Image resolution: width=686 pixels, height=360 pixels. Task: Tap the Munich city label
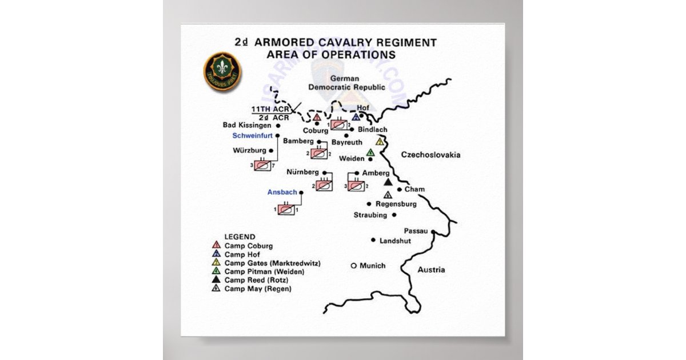click(373, 266)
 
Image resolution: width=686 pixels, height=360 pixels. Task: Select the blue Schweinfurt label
click(252, 135)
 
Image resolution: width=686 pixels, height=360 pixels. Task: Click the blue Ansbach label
click(282, 192)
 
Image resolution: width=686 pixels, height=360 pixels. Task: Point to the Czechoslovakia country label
click(430, 155)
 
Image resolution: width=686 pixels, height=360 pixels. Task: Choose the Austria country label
click(431, 270)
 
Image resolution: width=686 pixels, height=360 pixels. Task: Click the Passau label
click(416, 231)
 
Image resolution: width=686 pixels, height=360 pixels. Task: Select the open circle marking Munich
click(353, 266)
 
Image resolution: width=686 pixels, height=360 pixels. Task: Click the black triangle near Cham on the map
click(388, 182)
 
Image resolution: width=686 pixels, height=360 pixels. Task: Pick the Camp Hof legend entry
click(238, 254)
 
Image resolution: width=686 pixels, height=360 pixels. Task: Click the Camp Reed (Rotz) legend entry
click(256, 280)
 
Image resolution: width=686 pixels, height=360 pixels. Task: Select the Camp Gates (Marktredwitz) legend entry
click(272, 263)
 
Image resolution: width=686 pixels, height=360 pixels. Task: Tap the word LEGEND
click(240, 237)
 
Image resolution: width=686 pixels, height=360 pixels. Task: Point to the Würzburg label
click(250, 151)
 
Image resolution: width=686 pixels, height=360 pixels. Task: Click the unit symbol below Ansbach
click(287, 210)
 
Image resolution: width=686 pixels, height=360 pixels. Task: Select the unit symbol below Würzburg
click(262, 165)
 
